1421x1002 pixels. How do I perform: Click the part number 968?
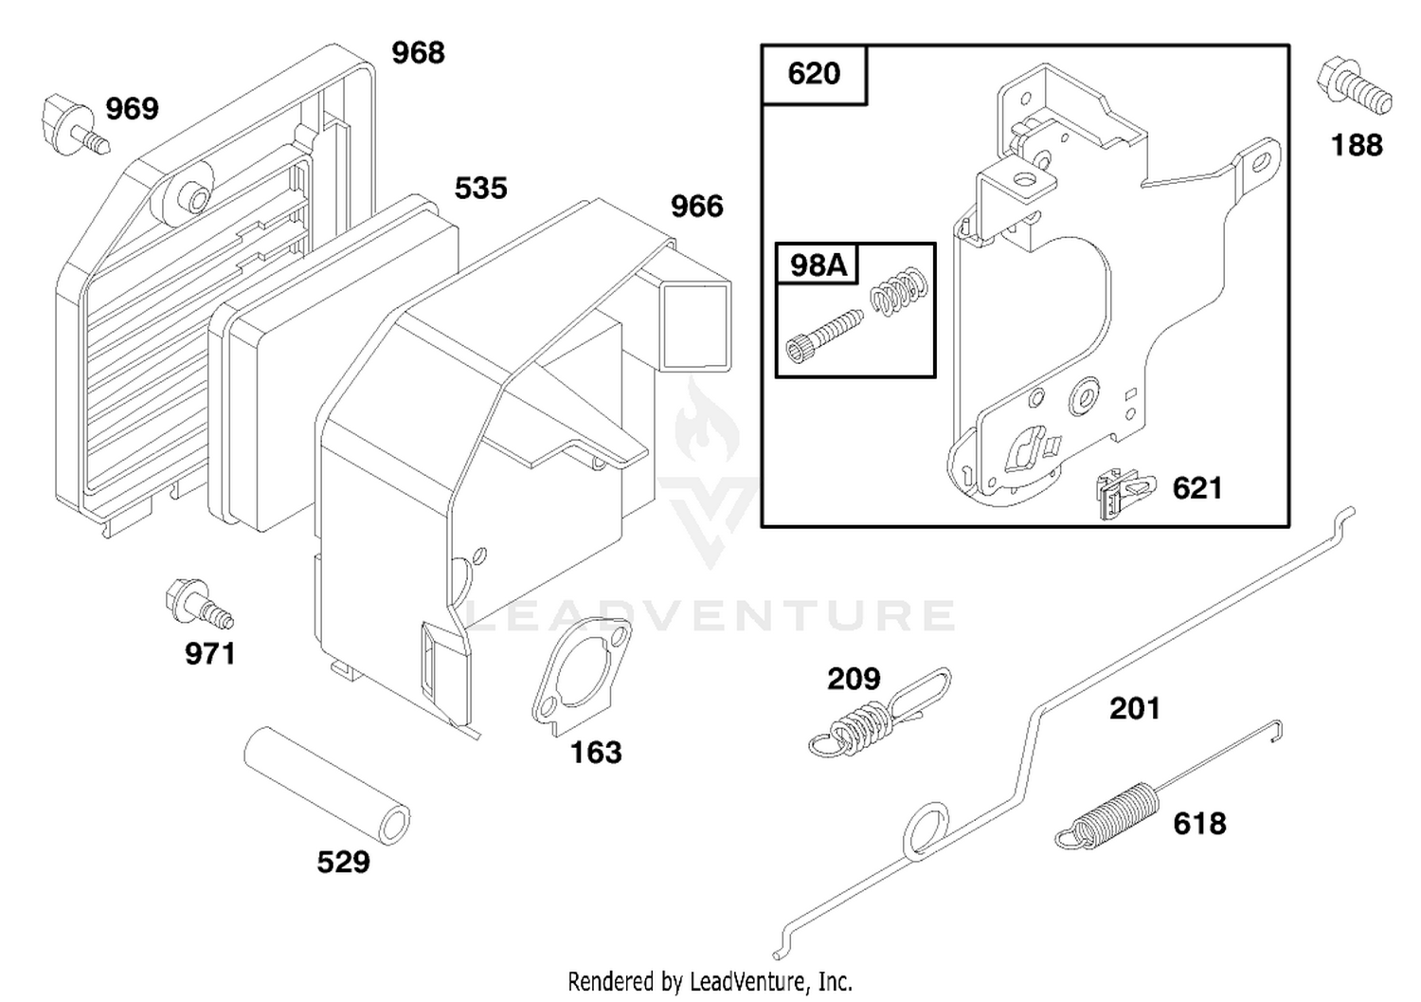[418, 53]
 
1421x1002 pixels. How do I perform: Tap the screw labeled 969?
[75, 125]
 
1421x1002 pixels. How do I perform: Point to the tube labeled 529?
[328, 786]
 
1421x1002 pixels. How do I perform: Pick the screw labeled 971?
[197, 604]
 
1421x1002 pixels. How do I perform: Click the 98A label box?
[818, 264]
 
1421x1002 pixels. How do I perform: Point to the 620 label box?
[814, 74]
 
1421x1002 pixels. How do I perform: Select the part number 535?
[481, 189]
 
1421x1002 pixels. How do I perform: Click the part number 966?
[696, 207]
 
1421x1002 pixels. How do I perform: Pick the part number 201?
[1135, 709]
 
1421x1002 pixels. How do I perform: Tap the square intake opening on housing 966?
[695, 326]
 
